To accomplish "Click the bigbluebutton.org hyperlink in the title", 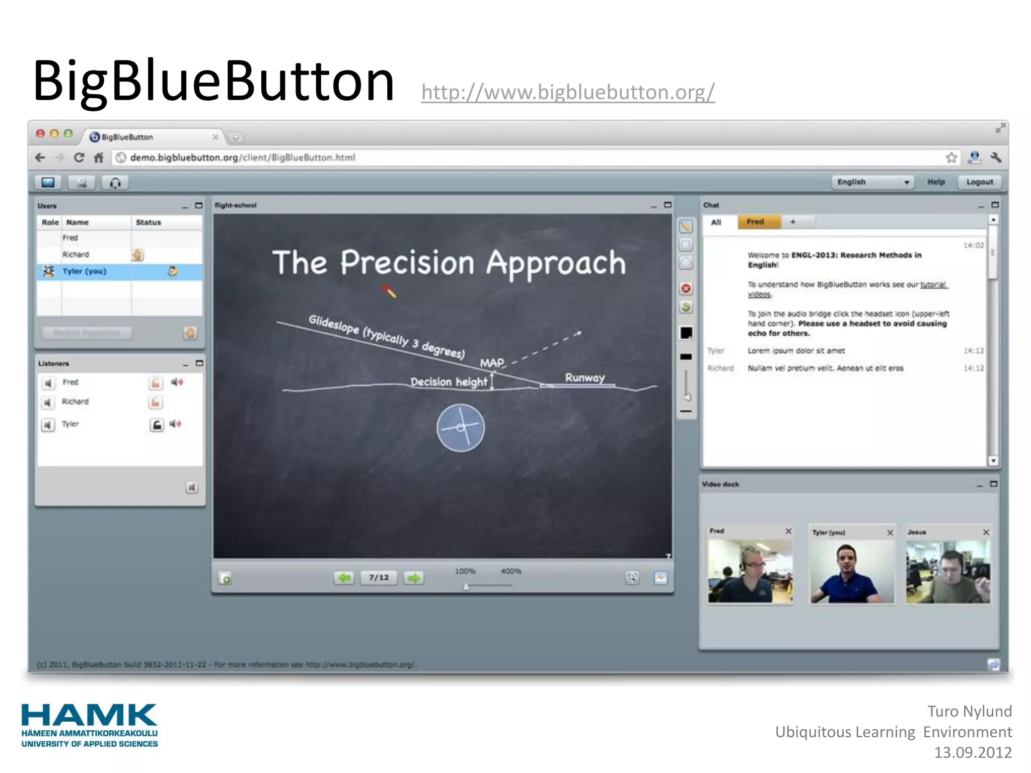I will point(567,92).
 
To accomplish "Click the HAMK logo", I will point(89,725).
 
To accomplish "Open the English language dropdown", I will point(873,182).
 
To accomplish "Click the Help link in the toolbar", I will point(935,182).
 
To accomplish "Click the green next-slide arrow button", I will point(413,578).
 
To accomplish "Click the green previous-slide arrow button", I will point(344,578).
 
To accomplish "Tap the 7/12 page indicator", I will point(379,577).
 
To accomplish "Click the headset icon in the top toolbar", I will point(115,183).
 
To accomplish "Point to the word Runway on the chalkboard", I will point(584,377).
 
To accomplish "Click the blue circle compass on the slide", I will point(460,428).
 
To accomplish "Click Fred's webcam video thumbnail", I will point(750,571).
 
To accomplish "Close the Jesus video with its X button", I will point(986,532).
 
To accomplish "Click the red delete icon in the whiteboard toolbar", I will point(686,288).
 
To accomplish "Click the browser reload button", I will point(79,158).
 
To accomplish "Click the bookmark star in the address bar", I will point(951,158).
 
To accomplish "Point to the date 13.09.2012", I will point(972,752).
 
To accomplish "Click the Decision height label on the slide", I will point(449,382).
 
